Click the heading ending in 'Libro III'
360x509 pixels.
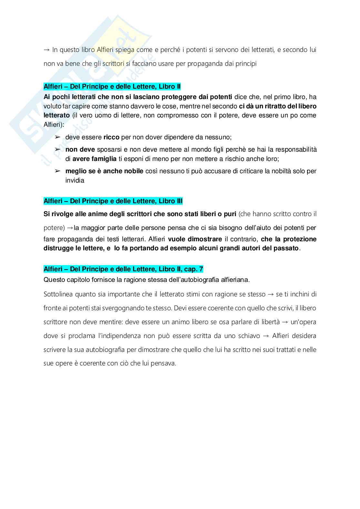[x=113, y=201]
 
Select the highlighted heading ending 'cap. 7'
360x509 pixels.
[x=123, y=269]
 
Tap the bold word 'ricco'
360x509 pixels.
[x=111, y=137]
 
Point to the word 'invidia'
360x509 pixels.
[x=75, y=181]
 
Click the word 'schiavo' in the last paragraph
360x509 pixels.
[x=249, y=336]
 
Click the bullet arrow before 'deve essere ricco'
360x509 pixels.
[x=58, y=137]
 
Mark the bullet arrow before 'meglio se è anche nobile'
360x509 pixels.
[x=58, y=171]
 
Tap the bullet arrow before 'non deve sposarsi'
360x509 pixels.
[x=58, y=150]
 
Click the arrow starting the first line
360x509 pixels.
[x=47, y=50]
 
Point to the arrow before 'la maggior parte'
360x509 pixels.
[x=70, y=228]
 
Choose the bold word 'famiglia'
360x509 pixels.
[x=104, y=159]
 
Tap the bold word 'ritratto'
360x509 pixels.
[x=269, y=106]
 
